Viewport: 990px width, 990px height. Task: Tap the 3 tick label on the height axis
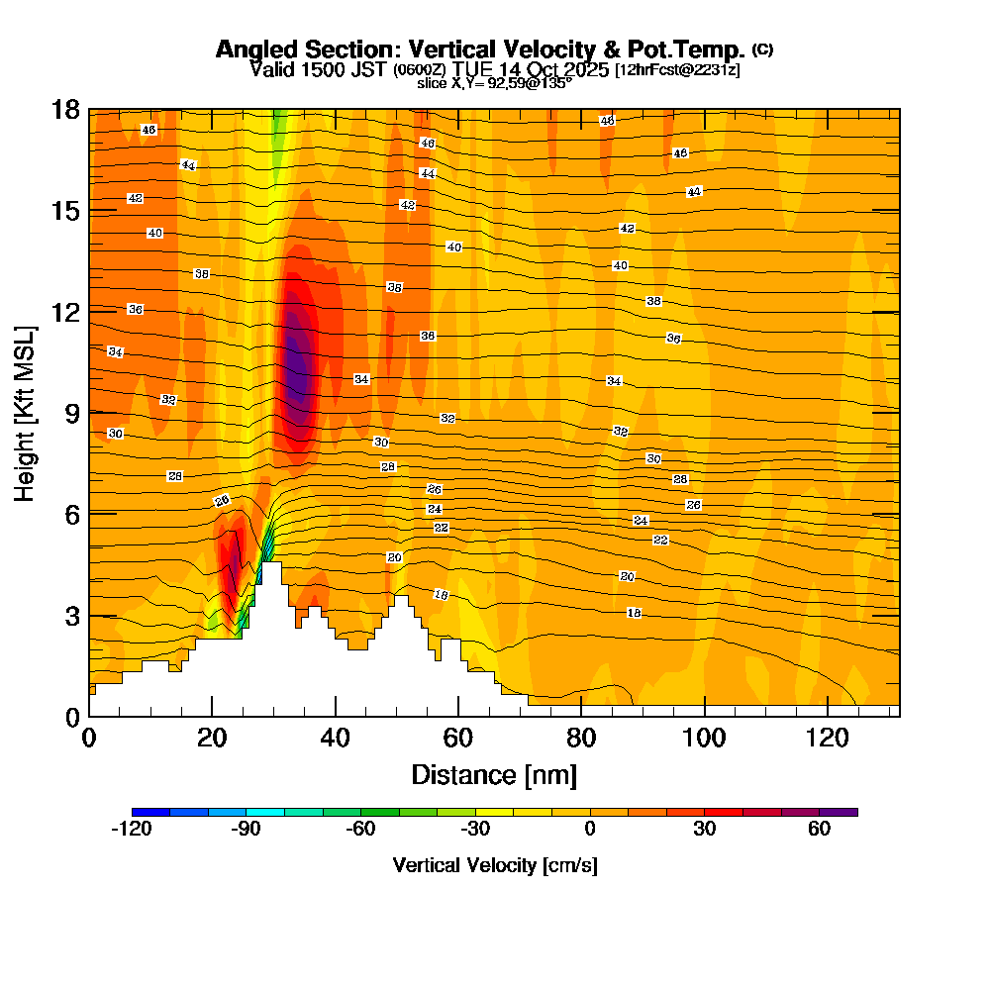70,615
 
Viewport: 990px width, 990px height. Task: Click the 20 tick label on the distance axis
212,738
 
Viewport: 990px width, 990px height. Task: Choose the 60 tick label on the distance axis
457,738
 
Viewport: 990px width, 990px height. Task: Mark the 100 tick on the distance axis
704,738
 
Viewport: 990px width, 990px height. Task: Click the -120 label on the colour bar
132,830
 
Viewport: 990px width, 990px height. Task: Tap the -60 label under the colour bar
361,830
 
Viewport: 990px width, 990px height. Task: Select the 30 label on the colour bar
704,830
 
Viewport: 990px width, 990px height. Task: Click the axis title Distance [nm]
494,774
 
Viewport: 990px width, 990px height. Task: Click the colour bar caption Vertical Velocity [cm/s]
495,865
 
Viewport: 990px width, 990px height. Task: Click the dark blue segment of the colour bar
150,812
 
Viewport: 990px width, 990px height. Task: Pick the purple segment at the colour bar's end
839,812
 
